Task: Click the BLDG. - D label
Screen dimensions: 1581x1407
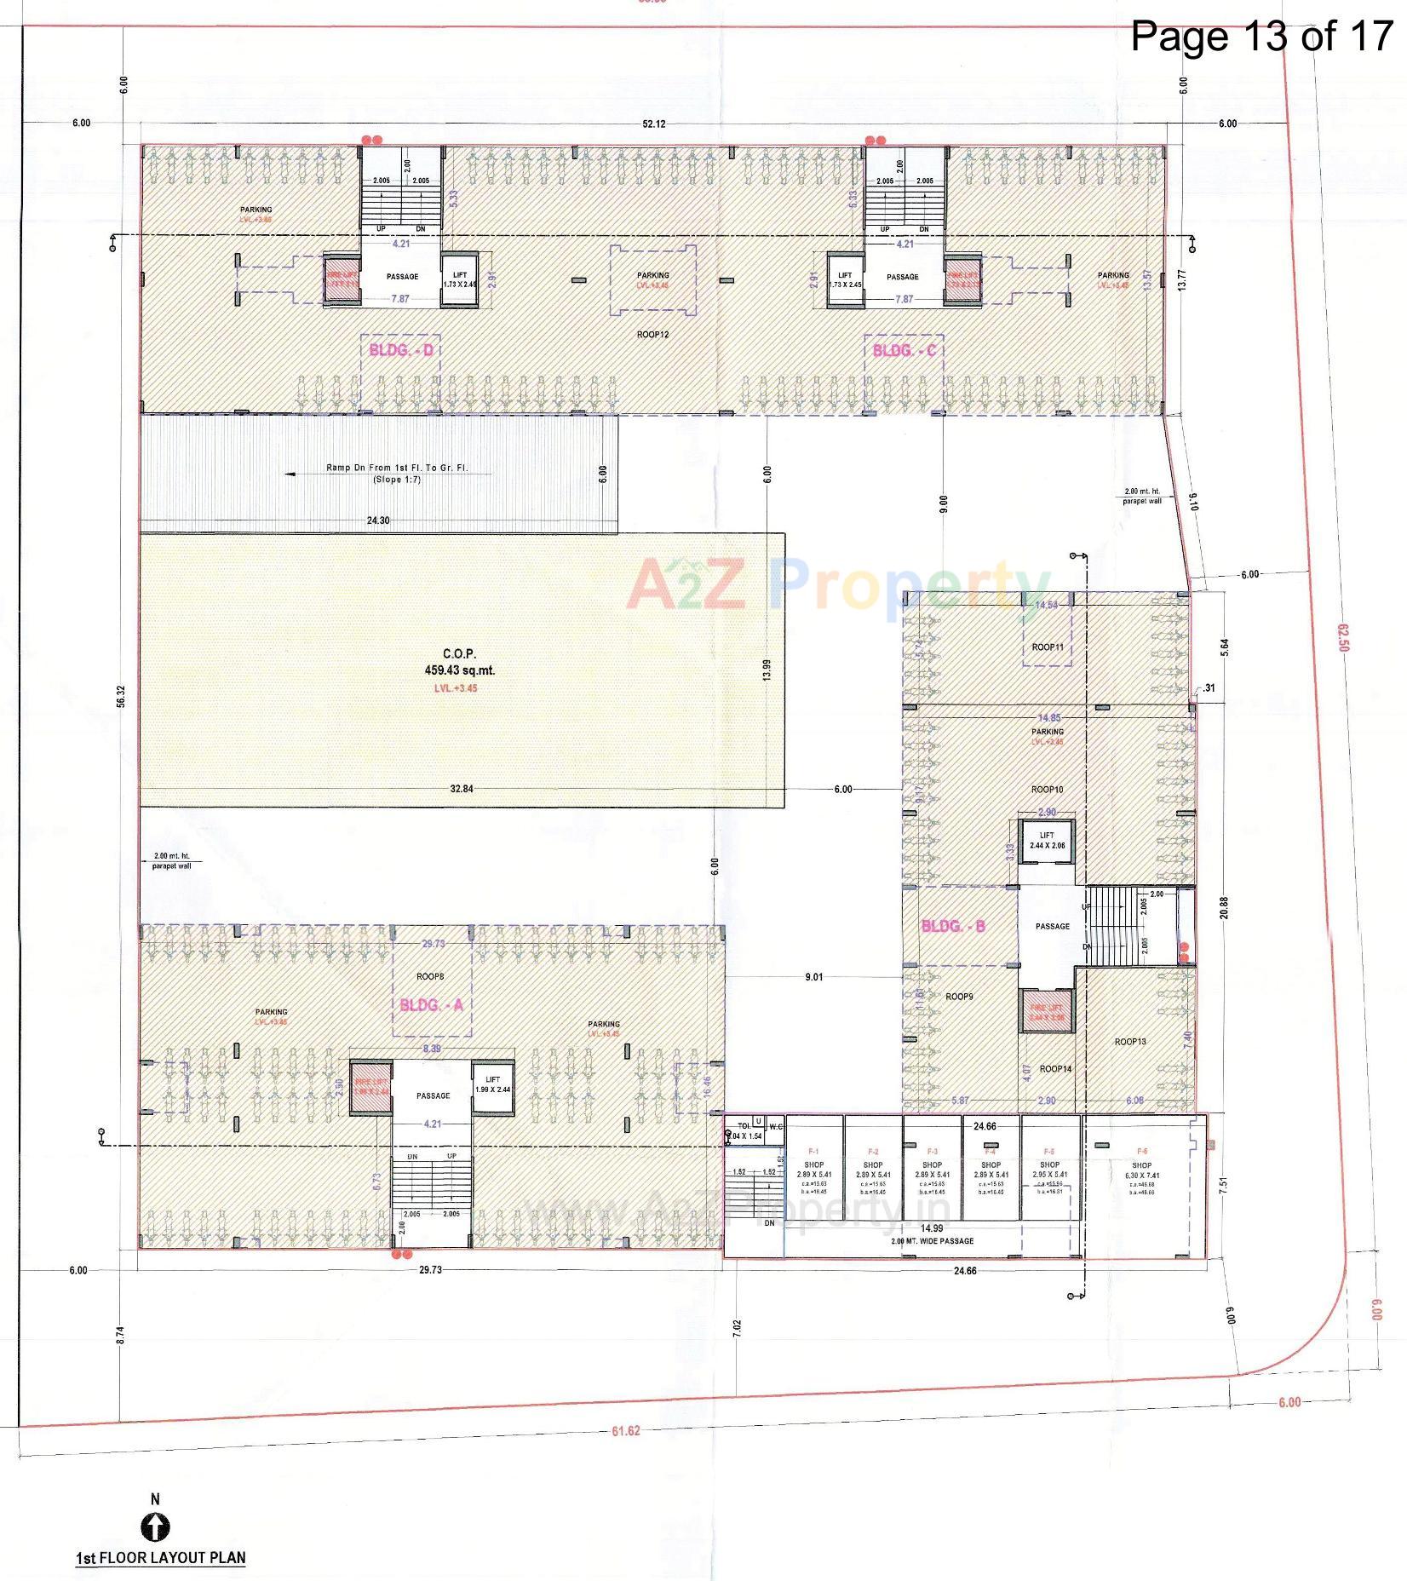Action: (401, 350)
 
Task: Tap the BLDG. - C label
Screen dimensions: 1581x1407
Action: (904, 350)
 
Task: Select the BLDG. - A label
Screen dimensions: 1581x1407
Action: (431, 1005)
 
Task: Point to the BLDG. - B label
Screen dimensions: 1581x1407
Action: (953, 926)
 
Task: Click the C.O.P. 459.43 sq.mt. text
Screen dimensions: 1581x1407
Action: (459, 664)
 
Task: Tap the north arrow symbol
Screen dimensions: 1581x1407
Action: (154, 1527)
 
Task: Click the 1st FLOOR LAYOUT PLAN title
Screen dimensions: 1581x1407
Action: (160, 1558)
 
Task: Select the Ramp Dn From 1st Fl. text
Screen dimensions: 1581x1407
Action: (397, 469)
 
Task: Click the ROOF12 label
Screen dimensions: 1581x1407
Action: (652, 335)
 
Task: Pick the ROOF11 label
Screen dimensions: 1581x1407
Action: (1048, 647)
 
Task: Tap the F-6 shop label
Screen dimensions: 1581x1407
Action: (1141, 1152)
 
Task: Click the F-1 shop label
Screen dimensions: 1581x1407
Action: (813, 1152)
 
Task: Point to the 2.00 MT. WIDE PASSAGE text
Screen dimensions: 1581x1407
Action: (932, 1241)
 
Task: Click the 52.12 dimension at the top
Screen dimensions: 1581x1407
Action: (653, 124)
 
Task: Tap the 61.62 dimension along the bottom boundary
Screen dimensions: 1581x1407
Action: (625, 1430)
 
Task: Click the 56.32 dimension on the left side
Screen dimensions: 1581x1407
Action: (121, 696)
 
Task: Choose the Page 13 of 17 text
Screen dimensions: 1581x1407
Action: (1261, 37)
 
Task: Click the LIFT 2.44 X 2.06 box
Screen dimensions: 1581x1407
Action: (1047, 841)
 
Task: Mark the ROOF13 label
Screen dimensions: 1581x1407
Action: (1130, 1042)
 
